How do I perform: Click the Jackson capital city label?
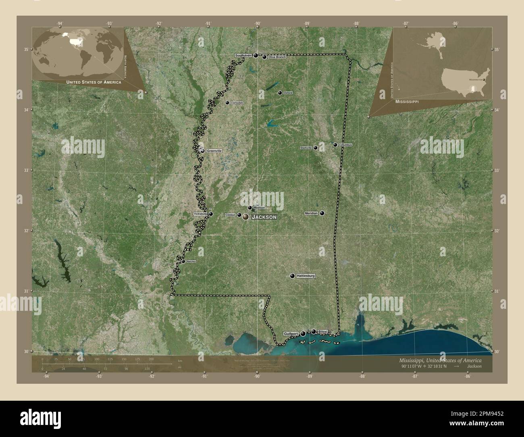pyautogui.click(x=264, y=217)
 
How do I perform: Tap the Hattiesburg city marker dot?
pyautogui.click(x=292, y=276)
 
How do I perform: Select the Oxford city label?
pyautogui.click(x=288, y=93)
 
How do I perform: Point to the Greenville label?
pyautogui.click(x=214, y=151)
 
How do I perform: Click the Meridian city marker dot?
pyautogui.click(x=322, y=213)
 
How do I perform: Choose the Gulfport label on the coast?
pyautogui.click(x=290, y=334)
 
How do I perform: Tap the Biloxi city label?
pyautogui.click(x=322, y=331)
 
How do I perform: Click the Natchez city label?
pyautogui.click(x=191, y=261)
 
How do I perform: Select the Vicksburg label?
pyautogui.click(x=200, y=214)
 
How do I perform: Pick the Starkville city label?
pyautogui.click(x=306, y=148)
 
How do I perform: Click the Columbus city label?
pyautogui.click(x=345, y=145)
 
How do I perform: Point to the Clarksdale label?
pyautogui.click(x=237, y=103)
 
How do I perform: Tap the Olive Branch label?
pyautogui.click(x=277, y=57)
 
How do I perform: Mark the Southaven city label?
pyautogui.click(x=243, y=55)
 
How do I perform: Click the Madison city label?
pyautogui.click(x=259, y=208)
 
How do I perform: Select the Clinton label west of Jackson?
pyautogui.click(x=230, y=215)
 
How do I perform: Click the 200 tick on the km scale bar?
pyautogui.click(x=151, y=359)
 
